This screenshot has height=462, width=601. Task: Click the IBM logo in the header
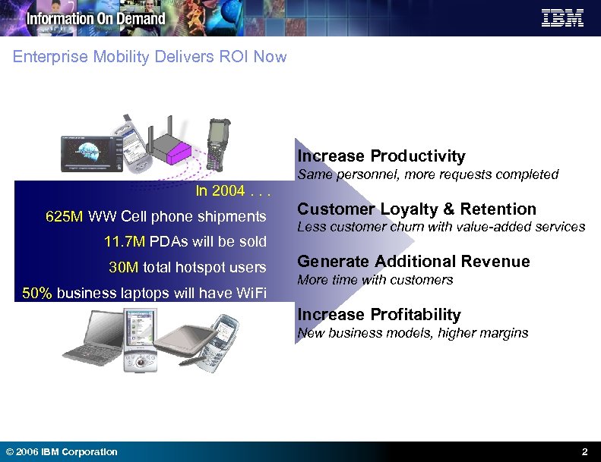(562, 18)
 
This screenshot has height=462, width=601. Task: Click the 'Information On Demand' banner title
(96, 18)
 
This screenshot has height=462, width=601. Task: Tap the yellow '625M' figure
(65, 217)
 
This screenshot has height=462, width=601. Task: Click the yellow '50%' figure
(37, 294)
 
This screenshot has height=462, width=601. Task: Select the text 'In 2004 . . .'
(231, 190)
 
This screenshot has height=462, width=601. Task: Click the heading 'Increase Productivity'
(381, 156)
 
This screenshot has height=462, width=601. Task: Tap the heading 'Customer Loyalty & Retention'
(416, 209)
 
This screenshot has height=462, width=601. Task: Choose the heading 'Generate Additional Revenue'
(413, 262)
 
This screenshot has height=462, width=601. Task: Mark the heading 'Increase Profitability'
(379, 314)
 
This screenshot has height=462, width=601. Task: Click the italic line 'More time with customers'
(375, 280)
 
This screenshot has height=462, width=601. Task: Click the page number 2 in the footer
(584, 452)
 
